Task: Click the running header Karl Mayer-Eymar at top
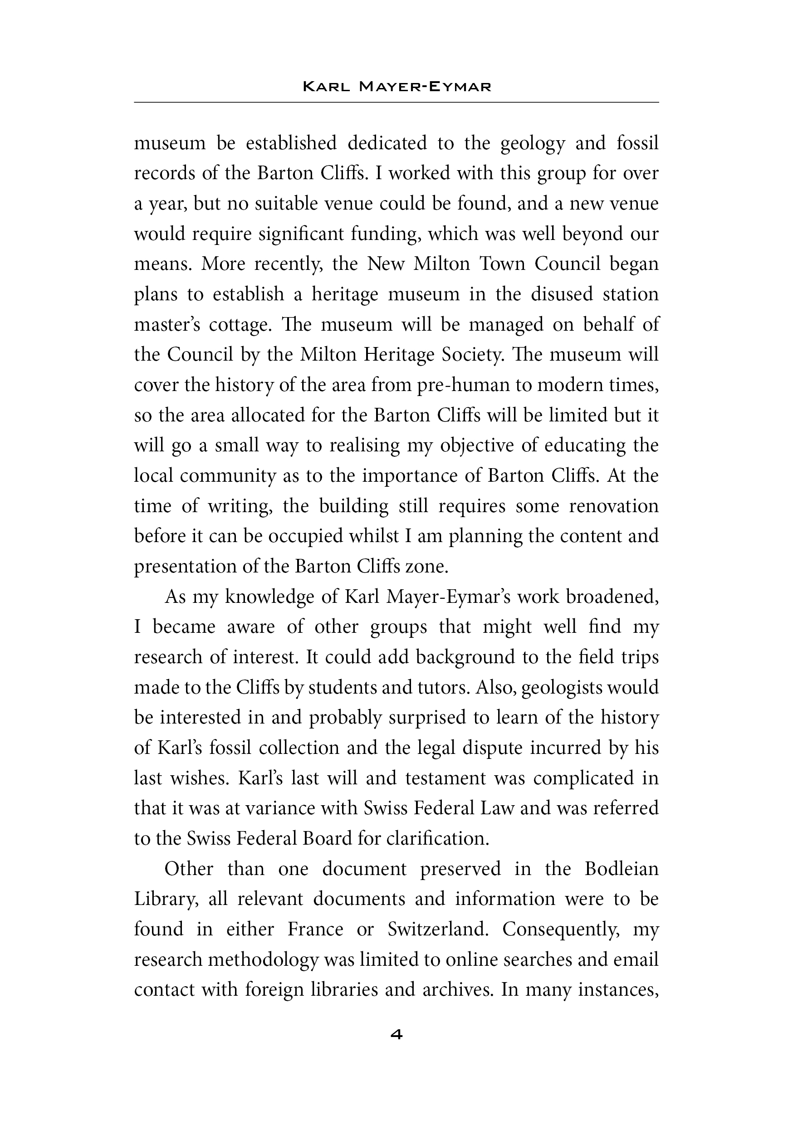[x=396, y=87]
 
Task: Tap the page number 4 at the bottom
[x=396, y=1034]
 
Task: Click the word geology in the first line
[x=533, y=143]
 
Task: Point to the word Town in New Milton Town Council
[x=501, y=264]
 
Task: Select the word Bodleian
[x=622, y=869]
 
